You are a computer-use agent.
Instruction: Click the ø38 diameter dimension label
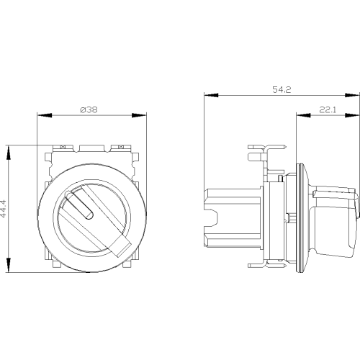(89, 110)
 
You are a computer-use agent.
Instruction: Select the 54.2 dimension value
(282, 90)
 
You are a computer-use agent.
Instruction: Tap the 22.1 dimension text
(328, 110)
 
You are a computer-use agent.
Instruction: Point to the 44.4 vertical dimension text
(4, 209)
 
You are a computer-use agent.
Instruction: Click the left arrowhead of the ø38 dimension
(45, 115)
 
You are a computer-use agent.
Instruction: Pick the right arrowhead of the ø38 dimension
(139, 115)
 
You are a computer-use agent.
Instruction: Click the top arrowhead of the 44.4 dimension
(9, 153)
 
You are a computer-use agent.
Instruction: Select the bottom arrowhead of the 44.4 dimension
(9, 265)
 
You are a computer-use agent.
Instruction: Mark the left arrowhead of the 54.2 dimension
(211, 95)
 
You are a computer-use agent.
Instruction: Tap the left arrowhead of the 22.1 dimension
(303, 115)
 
